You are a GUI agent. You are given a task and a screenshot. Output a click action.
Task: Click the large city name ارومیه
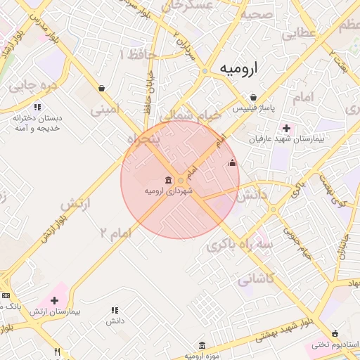click(x=238, y=68)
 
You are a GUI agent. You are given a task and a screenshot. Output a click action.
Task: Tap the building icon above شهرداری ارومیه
click(x=168, y=179)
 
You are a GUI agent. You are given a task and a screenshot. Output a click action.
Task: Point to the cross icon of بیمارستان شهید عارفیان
click(x=286, y=128)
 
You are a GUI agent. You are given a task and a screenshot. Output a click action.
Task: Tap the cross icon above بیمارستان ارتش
click(x=55, y=300)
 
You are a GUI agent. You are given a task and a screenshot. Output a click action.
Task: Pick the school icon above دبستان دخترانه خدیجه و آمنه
click(x=37, y=107)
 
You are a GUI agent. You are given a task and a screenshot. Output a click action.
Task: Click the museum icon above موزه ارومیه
click(x=202, y=345)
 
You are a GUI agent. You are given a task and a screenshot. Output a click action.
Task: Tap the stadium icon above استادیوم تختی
click(x=335, y=333)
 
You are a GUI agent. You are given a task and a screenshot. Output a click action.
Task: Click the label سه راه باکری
click(x=240, y=245)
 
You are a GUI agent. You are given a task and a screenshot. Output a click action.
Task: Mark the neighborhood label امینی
click(x=106, y=110)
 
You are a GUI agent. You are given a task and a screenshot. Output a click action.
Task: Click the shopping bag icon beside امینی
click(x=103, y=89)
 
